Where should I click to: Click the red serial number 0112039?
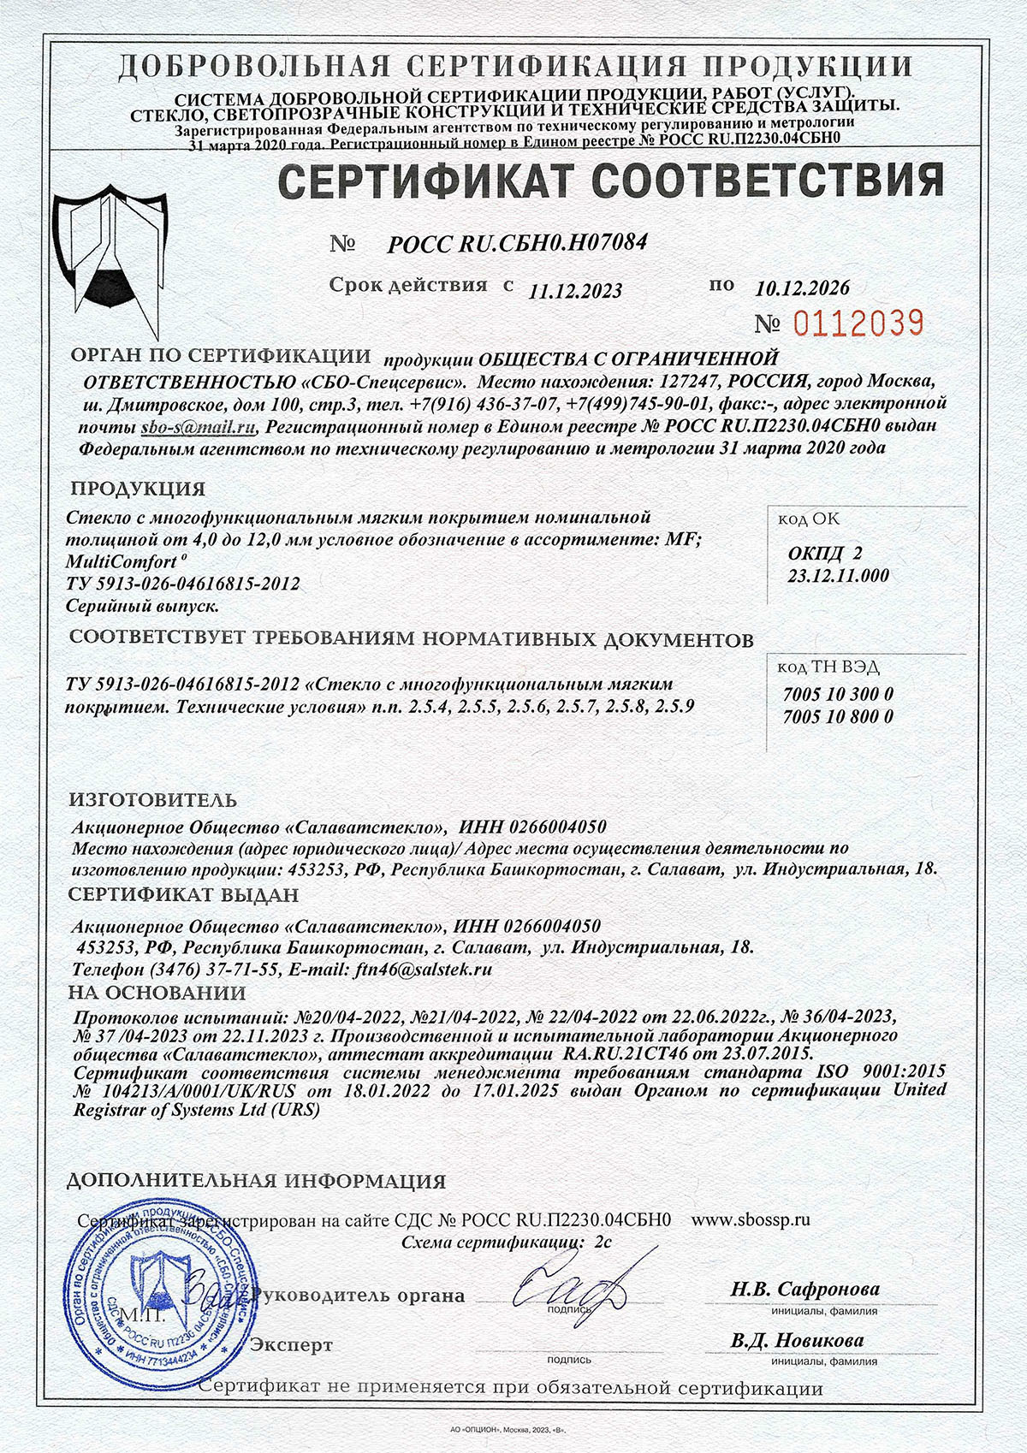[859, 323]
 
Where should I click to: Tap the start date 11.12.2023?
[575, 291]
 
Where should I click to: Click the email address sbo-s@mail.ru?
[199, 426]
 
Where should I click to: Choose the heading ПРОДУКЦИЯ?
[138, 489]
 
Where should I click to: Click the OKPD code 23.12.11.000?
[837, 576]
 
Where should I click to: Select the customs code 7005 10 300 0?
[837, 694]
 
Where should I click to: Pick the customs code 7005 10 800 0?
[837, 717]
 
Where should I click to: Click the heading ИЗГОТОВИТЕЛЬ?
[153, 801]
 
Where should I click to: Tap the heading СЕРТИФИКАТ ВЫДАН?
[183, 895]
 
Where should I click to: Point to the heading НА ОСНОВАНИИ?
[157, 993]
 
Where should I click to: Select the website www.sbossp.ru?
[750, 1219]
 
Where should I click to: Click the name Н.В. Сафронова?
[804, 1289]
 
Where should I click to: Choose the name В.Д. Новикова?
[797, 1340]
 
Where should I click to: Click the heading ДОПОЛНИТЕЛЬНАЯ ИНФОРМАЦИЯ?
[256, 1182]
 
